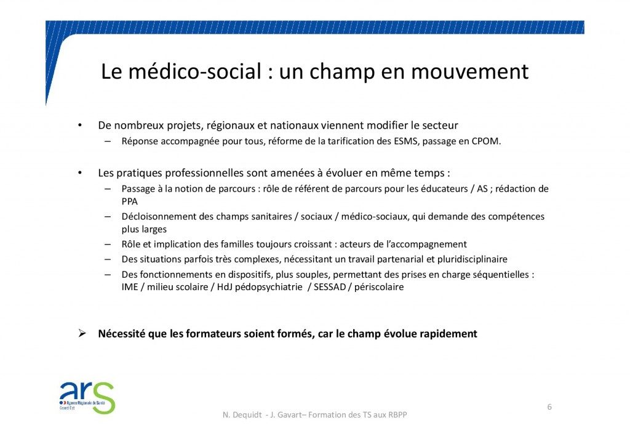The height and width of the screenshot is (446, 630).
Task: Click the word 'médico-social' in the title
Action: [195, 71]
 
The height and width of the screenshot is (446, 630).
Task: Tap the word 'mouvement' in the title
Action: [469, 71]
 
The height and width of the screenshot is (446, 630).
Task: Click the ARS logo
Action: [87, 397]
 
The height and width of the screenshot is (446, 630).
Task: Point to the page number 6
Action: [549, 407]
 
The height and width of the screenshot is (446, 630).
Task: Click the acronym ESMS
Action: [407, 141]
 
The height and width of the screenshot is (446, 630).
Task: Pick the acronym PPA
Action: [129, 201]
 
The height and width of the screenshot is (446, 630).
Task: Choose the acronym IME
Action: [130, 287]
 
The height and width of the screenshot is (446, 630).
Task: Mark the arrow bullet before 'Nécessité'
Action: [82, 333]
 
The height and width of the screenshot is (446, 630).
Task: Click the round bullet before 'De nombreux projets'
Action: [80, 126]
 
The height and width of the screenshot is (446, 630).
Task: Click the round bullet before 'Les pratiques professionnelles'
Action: [80, 173]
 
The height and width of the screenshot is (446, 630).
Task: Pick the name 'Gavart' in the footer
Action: [289, 415]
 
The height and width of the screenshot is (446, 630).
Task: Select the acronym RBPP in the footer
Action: [397, 415]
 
